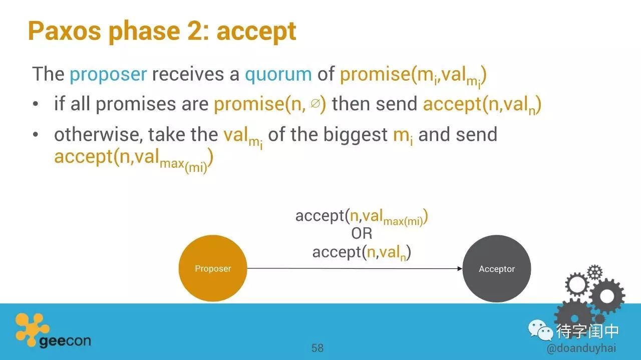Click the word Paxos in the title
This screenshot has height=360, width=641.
(x=65, y=31)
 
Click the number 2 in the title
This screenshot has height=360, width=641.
(x=195, y=31)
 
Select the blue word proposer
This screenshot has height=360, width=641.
(x=109, y=75)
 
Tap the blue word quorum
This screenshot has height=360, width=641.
(x=278, y=75)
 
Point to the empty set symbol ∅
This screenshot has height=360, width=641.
(x=315, y=103)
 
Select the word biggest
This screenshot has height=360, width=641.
(x=356, y=135)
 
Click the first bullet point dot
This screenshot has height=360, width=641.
(x=36, y=104)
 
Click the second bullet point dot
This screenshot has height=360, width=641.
(x=36, y=134)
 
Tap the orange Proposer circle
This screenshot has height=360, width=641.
(x=213, y=268)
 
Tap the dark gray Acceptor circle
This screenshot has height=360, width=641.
(x=497, y=268)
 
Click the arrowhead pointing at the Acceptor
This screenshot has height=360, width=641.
(x=460, y=268)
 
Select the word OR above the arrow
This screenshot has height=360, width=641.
(x=362, y=233)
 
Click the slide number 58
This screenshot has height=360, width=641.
(x=317, y=348)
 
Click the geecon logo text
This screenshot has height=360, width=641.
(x=65, y=341)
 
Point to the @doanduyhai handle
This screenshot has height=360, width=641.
(x=581, y=348)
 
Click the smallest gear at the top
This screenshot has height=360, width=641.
(x=594, y=272)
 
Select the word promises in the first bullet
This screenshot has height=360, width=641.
(x=136, y=104)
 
